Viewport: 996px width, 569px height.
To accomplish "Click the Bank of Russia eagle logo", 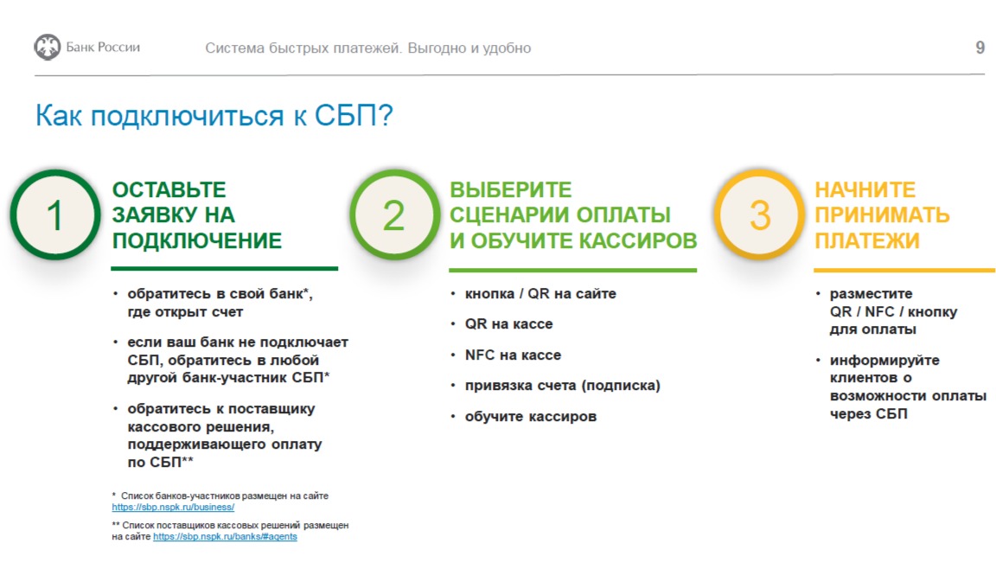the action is point(47,47).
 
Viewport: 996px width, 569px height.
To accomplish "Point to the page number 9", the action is point(980,48).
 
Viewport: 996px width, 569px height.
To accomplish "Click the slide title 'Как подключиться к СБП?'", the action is point(214,116).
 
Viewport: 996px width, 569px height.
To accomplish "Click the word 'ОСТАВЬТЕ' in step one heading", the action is point(169,190).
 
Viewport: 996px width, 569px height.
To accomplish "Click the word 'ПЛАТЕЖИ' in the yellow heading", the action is point(867,240).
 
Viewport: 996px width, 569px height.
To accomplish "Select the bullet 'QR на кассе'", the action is point(508,324).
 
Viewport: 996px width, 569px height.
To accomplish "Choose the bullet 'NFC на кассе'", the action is point(513,355).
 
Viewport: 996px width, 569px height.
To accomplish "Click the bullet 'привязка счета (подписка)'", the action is point(563,386).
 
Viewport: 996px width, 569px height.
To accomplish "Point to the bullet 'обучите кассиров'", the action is point(531,417).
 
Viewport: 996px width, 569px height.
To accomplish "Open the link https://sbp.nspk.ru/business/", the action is point(173,508).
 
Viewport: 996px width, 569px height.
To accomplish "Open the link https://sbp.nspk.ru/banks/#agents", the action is point(225,537).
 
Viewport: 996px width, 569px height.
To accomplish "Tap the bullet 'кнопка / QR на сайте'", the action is point(540,294).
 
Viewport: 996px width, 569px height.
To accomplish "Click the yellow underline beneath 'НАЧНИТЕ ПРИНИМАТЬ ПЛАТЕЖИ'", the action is point(904,270).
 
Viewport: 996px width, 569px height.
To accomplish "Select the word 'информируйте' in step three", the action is point(884,361).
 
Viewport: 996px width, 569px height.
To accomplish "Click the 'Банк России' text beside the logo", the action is point(103,48).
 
